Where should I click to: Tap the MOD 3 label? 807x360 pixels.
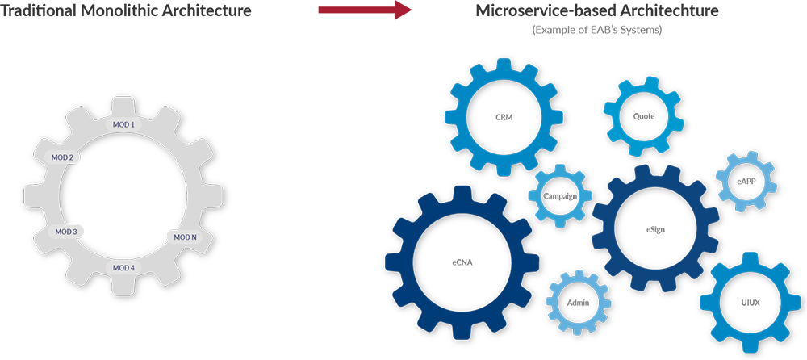[x=65, y=232]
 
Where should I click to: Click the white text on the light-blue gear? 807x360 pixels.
[x=560, y=196]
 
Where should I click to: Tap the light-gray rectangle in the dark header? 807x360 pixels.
[x=598, y=32]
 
